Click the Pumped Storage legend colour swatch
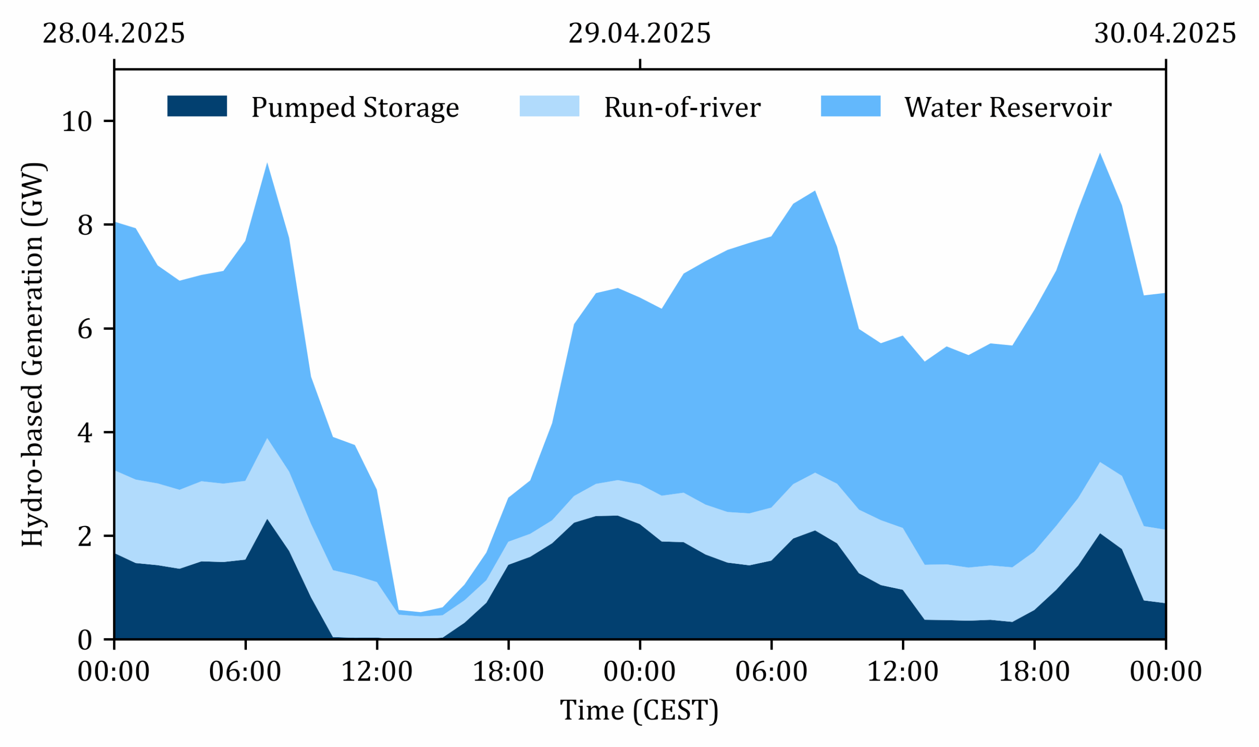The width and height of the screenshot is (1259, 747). (x=197, y=106)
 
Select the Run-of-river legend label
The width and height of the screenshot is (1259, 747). (x=682, y=108)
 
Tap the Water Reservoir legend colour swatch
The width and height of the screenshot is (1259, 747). (x=851, y=106)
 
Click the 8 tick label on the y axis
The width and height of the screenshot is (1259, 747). (x=86, y=225)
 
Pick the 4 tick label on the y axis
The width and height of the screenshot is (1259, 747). (x=86, y=433)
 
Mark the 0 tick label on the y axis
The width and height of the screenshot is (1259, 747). (x=86, y=640)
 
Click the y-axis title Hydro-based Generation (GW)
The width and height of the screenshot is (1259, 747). (x=33, y=355)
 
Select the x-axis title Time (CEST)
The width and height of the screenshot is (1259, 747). (x=639, y=711)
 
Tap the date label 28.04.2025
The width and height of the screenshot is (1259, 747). (x=114, y=34)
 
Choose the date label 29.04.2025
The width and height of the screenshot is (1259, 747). (x=639, y=34)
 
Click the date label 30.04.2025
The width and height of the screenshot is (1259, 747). (x=1165, y=34)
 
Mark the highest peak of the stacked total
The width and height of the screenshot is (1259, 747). (x=1100, y=154)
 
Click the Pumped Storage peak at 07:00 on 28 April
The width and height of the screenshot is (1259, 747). (x=267, y=520)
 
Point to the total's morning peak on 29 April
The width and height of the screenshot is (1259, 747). (x=815, y=191)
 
